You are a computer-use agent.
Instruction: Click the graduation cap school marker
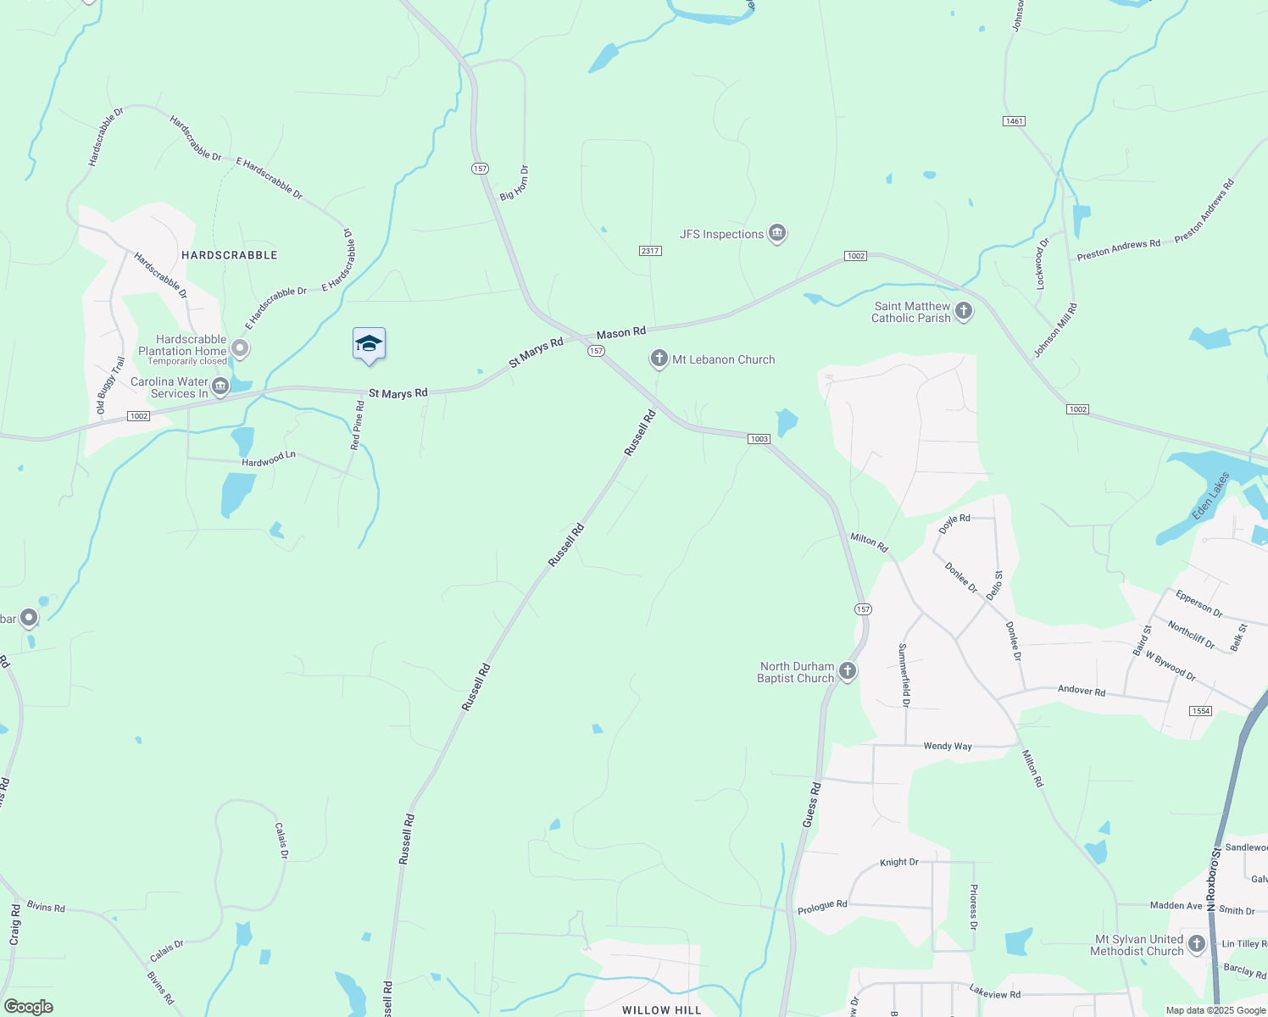click(369, 344)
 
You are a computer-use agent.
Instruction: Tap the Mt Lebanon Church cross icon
click(659, 358)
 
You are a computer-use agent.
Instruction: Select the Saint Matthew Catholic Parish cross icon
click(963, 311)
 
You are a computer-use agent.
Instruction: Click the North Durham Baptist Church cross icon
click(847, 672)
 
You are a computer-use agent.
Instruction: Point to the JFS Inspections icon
click(776, 234)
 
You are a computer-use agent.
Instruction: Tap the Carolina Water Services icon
click(220, 387)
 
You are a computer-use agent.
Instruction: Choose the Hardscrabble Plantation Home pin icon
click(240, 347)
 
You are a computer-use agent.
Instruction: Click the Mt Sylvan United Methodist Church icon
click(1196, 944)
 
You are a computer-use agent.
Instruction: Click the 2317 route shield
click(650, 251)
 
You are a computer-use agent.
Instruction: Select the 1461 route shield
click(1014, 121)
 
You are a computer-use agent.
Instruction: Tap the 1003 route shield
click(759, 439)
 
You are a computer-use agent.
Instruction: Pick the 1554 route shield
click(1200, 711)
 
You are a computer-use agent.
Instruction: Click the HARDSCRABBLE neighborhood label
click(229, 255)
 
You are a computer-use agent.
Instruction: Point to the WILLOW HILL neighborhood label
click(661, 1010)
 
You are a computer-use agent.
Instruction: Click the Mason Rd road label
click(620, 333)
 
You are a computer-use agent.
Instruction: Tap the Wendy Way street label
click(947, 747)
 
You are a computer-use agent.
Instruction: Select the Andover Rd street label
click(1081, 691)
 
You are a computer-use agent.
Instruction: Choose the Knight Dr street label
click(898, 863)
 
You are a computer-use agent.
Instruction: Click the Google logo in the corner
click(28, 1007)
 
